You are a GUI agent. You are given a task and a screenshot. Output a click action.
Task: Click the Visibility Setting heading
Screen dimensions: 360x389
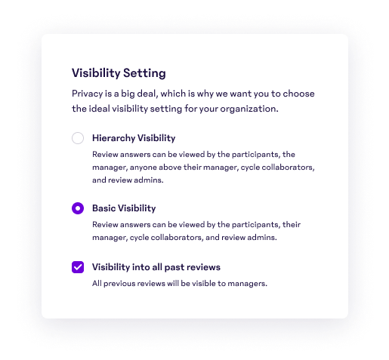[119, 73]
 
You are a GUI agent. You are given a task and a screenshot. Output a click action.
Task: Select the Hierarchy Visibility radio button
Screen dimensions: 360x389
[78, 138]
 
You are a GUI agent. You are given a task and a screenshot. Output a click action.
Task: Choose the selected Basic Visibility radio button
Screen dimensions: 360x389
[78, 208]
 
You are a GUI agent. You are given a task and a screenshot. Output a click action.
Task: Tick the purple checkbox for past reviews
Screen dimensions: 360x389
[78, 267]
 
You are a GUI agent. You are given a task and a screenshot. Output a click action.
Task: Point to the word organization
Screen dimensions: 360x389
[248, 109]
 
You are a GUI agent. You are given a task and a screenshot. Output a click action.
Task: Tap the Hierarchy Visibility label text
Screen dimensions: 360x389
[134, 138]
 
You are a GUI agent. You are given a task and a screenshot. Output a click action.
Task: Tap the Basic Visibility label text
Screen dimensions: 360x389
[124, 208]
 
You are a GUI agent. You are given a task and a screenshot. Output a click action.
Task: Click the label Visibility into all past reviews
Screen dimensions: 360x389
[156, 266]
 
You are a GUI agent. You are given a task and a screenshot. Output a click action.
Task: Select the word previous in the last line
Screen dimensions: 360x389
[119, 283]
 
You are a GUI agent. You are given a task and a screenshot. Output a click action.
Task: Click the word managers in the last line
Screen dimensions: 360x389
[249, 283]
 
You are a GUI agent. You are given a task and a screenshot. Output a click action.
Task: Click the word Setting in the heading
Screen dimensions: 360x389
[145, 73]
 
